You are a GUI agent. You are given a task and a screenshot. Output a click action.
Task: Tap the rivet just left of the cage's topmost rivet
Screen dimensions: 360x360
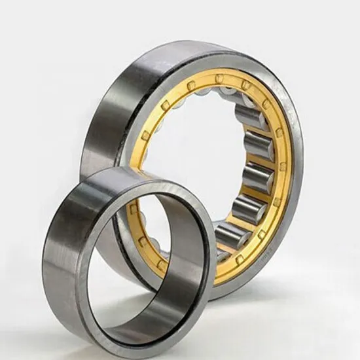coord(190,85)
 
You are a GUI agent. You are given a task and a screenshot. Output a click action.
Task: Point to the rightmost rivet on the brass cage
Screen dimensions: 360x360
coord(283,167)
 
